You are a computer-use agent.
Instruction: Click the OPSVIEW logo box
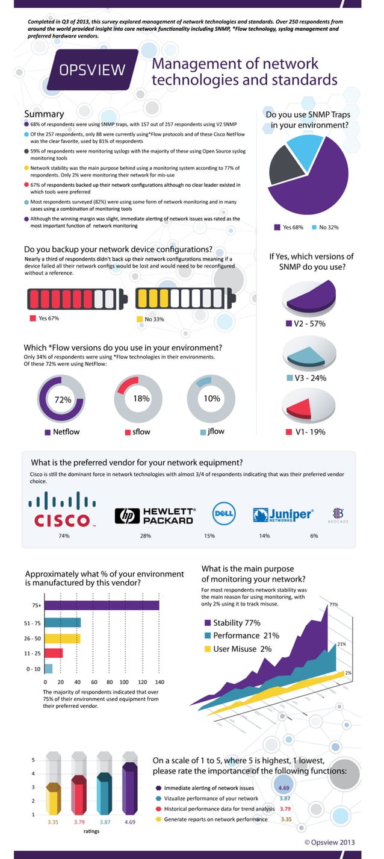pyautogui.click(x=93, y=70)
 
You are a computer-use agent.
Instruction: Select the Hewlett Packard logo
pyautogui.click(x=155, y=515)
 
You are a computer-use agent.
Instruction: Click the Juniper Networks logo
pyautogui.click(x=283, y=514)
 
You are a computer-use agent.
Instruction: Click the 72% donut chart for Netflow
pyautogui.click(x=63, y=399)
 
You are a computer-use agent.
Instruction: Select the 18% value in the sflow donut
pyautogui.click(x=141, y=398)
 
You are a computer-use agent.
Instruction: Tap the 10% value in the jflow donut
pyautogui.click(x=212, y=398)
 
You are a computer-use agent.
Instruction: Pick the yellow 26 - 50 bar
pyautogui.click(x=63, y=638)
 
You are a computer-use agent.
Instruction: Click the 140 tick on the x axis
pyautogui.click(x=159, y=682)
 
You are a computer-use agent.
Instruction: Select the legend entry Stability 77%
pyautogui.click(x=232, y=623)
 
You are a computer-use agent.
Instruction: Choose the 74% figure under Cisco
pyautogui.click(x=64, y=536)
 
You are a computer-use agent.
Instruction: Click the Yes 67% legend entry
pyautogui.click(x=45, y=318)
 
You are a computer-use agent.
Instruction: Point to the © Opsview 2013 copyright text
pyautogui.click(x=330, y=842)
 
